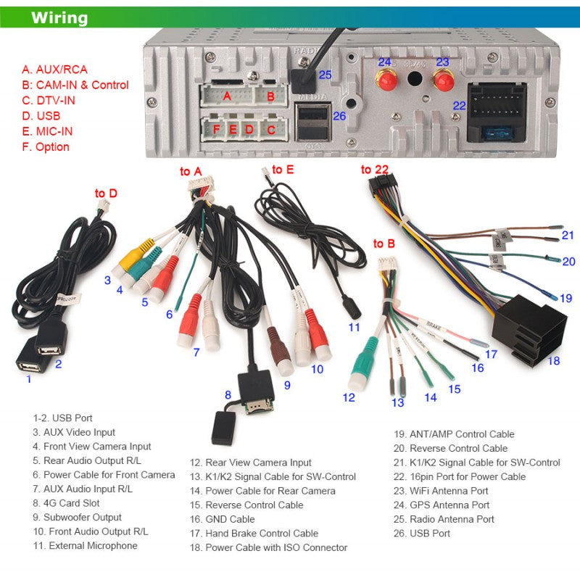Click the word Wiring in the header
[59, 18]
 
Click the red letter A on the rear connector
[227, 96]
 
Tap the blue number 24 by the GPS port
[384, 62]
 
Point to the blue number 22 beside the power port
[459, 105]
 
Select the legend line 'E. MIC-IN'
[47, 131]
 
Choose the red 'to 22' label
[375, 170]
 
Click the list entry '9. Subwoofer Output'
[77, 518]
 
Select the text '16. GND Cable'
[223, 519]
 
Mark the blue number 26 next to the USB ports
[339, 115]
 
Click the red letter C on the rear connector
[271, 130]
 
